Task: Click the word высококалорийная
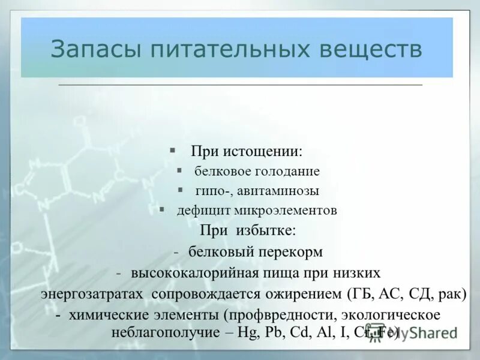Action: click(x=193, y=273)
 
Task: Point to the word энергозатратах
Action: click(x=92, y=295)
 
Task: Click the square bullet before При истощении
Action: click(x=172, y=149)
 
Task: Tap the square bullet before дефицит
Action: click(x=162, y=210)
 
